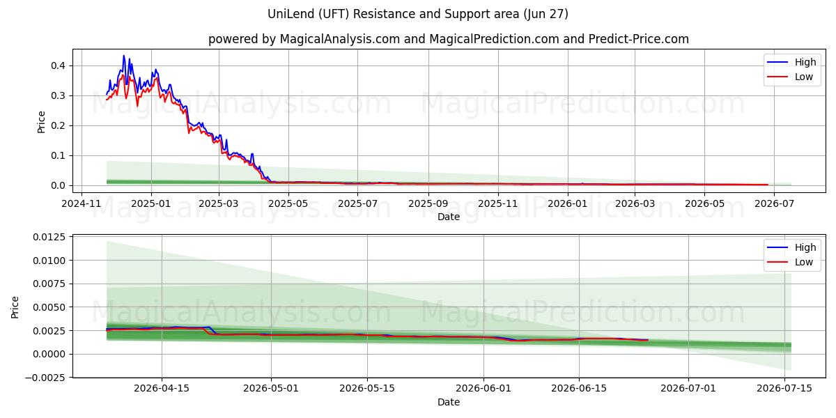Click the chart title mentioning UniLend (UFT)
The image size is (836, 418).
[x=417, y=14]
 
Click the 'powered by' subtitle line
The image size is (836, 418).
[x=448, y=39]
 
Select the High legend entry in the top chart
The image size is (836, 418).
[x=791, y=62]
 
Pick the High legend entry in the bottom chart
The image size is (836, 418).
[x=791, y=247]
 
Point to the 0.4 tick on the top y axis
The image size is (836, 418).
[x=58, y=65]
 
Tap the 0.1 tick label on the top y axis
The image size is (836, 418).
[x=58, y=155]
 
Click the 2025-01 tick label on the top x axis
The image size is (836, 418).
[x=151, y=203]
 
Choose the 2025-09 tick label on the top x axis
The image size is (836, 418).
[x=428, y=203]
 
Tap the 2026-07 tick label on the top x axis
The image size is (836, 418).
[x=774, y=203]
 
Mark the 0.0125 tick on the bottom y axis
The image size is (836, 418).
[x=49, y=238]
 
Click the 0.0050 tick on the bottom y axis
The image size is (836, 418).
[x=49, y=307]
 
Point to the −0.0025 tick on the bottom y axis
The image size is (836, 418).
[x=45, y=378]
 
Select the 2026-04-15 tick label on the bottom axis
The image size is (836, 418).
[x=162, y=389]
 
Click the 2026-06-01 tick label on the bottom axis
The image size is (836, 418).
[x=483, y=389]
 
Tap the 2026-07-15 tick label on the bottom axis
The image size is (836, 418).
[x=784, y=389]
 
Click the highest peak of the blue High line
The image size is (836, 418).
[x=124, y=56]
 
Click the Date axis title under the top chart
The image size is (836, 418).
[x=449, y=217]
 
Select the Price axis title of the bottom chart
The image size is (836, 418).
[x=15, y=307]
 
